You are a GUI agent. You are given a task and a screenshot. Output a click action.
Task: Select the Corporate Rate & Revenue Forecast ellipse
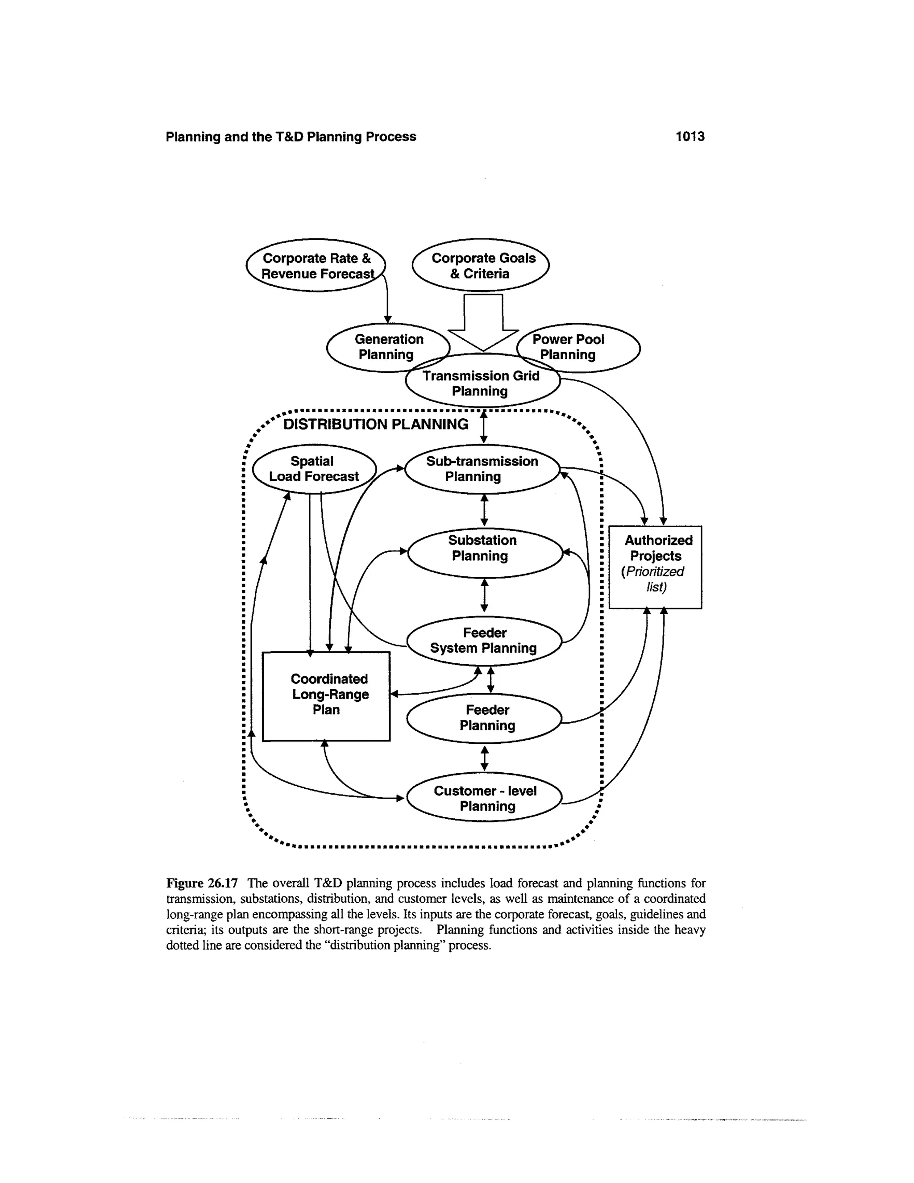pyautogui.click(x=316, y=266)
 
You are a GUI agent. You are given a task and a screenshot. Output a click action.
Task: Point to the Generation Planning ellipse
pyautogui.click(x=388, y=347)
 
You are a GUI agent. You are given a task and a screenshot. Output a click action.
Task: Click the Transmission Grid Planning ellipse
pyautogui.click(x=482, y=384)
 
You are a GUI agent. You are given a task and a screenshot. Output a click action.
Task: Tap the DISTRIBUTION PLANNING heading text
pyautogui.click(x=376, y=424)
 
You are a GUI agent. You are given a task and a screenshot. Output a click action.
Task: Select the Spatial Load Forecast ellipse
pyautogui.click(x=314, y=469)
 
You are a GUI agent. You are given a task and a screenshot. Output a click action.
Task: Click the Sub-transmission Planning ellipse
pyautogui.click(x=482, y=469)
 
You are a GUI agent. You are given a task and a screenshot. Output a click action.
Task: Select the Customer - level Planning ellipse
pyautogui.click(x=485, y=799)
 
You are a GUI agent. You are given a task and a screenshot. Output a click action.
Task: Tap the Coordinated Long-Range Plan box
pyautogui.click(x=326, y=696)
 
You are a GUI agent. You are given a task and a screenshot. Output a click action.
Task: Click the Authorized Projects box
pyautogui.click(x=655, y=566)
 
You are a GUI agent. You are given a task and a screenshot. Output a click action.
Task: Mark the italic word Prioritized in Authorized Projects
pyautogui.click(x=654, y=571)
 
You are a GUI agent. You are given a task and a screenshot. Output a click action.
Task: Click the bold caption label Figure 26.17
pyautogui.click(x=202, y=883)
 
